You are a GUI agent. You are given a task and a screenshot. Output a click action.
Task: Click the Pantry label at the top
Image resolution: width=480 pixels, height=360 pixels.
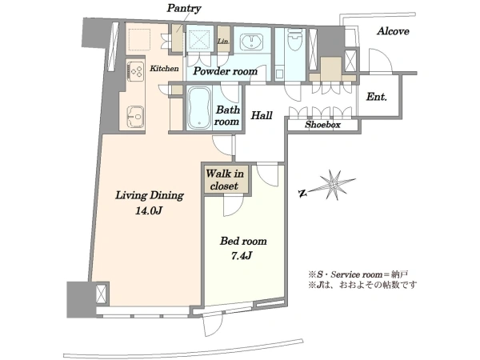[184, 8]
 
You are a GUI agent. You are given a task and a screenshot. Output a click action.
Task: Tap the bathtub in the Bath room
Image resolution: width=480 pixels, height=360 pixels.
[199, 108]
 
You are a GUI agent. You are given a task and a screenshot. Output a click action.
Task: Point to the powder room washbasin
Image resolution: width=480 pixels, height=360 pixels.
[252, 42]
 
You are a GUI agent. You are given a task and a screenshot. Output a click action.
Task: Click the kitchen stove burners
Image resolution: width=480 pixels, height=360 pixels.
[135, 71]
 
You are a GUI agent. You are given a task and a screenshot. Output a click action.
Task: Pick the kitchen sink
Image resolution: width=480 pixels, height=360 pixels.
[136, 117]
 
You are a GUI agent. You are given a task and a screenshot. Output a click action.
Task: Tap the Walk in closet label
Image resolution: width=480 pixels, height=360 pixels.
[224, 180]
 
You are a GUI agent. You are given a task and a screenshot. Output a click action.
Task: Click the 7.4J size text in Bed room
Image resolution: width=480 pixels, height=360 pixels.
[242, 255]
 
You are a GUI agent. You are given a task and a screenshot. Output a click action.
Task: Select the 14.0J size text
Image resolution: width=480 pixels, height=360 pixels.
[148, 210]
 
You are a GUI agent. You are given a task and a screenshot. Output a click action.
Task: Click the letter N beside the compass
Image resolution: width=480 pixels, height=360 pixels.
[302, 193]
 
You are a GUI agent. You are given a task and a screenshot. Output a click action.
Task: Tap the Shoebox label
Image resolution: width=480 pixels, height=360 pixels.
[322, 125]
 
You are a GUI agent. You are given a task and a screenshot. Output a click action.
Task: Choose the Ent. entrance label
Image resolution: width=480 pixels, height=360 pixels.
[377, 97]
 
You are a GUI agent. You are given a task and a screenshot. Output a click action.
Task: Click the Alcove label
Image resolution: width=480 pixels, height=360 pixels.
[393, 31]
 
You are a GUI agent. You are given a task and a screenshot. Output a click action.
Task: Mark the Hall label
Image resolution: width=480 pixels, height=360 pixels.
[262, 115]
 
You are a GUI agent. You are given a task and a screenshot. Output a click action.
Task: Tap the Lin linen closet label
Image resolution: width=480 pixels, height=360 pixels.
[223, 41]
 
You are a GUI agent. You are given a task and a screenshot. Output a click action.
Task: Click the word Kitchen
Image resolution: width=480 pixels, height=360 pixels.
[164, 68]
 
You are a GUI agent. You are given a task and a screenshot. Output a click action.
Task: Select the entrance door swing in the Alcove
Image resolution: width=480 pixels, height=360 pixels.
[381, 61]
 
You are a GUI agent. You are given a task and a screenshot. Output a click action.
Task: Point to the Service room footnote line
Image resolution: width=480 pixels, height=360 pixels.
[358, 274]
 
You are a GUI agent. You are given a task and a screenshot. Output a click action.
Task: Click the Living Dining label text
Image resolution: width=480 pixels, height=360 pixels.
[150, 195]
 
